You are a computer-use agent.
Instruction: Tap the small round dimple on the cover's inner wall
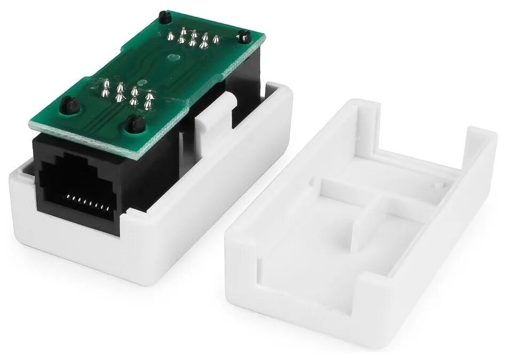(x=439, y=185)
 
